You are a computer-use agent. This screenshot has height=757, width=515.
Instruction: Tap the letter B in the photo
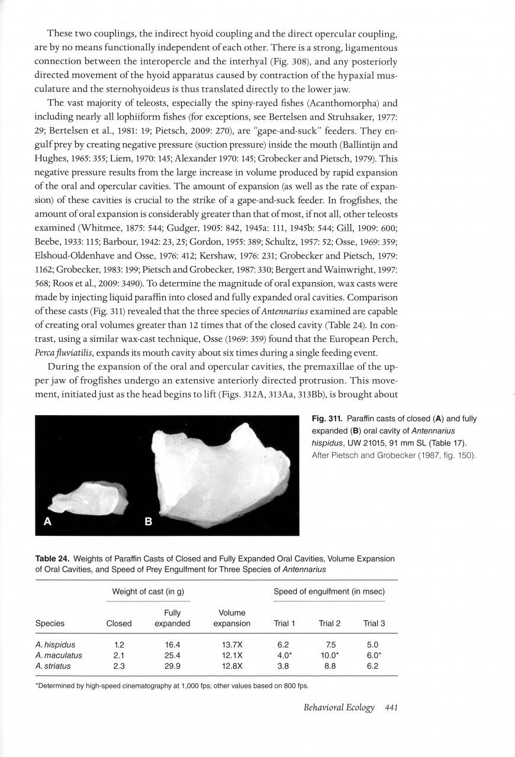149,522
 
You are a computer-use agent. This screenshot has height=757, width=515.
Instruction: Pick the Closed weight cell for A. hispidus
118,645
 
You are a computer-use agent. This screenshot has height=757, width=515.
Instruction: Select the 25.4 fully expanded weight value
172,655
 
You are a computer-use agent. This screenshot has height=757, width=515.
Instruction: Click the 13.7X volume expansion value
231,645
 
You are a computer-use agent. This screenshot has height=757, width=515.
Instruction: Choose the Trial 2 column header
330,623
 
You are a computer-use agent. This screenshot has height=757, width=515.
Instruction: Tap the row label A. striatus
53,666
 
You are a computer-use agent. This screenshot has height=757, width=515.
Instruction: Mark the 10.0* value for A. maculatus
330,655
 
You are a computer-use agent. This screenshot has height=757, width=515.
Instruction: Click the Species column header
50,623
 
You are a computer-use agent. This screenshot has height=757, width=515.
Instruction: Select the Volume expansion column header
231,618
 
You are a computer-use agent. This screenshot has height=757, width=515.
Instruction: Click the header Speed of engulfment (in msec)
329,591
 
